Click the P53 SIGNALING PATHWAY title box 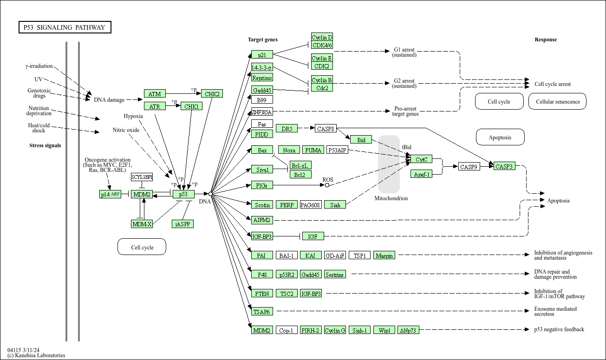click(x=65, y=27)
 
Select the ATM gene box click(x=155, y=94)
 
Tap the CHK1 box click(x=191, y=106)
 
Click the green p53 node click(x=183, y=194)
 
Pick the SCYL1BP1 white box click(x=142, y=177)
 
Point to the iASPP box click(x=182, y=224)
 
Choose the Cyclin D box click(x=322, y=37)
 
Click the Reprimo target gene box click(x=262, y=78)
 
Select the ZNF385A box click(x=262, y=112)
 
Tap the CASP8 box click(x=326, y=128)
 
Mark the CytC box click(x=421, y=159)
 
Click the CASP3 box click(x=504, y=166)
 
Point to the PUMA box click(x=313, y=150)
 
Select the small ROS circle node click(x=327, y=185)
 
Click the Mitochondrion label click(x=391, y=198)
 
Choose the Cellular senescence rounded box click(x=557, y=101)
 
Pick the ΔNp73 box click(x=409, y=330)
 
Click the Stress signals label click(x=45, y=145)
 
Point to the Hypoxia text click(x=133, y=116)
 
